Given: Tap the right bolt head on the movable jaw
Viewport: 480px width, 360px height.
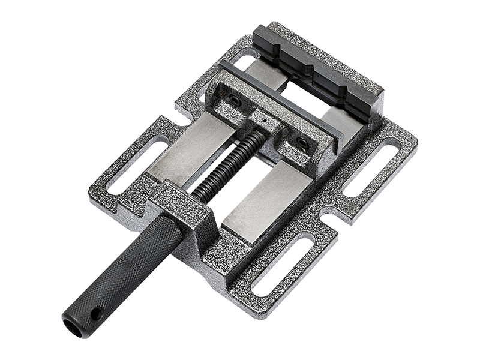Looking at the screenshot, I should coord(301,140).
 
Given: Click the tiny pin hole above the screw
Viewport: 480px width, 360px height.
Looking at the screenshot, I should coord(262,119).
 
